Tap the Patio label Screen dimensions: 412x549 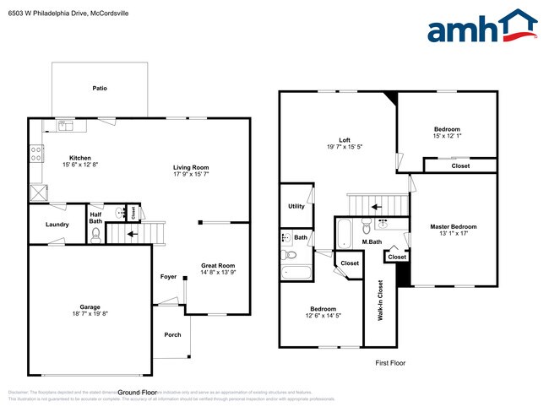[100, 88]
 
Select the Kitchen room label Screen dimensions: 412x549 [80, 158]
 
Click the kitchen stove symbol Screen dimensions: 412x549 [36, 154]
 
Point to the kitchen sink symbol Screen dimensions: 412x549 [67, 126]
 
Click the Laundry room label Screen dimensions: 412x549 [57, 224]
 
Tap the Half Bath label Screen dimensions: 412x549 [95, 217]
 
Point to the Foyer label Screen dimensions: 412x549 [169, 277]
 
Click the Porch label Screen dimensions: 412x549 [172, 335]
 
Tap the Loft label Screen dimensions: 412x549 [345, 140]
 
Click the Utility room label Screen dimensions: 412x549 [296, 206]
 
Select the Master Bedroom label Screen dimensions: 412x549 [453, 226]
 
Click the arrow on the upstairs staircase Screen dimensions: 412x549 [378, 204]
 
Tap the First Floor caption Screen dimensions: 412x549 [390, 362]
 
